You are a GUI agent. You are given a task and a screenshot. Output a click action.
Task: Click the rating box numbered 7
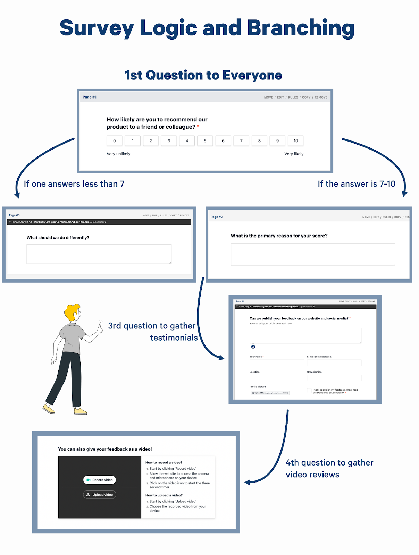click(241, 141)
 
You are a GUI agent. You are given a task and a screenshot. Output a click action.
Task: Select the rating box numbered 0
click(114, 141)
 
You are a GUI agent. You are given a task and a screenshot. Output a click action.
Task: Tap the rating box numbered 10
click(295, 141)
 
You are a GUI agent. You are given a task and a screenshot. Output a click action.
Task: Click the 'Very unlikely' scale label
click(118, 154)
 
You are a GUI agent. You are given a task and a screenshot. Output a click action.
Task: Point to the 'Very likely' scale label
click(294, 154)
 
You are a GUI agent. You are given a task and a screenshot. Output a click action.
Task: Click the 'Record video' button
click(100, 480)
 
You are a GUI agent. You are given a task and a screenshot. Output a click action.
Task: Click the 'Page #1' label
click(90, 97)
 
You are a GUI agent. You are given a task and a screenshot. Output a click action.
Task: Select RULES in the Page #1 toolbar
click(293, 97)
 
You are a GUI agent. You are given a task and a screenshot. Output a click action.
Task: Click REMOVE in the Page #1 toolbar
click(321, 97)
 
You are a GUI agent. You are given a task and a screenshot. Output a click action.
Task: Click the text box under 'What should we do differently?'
click(99, 254)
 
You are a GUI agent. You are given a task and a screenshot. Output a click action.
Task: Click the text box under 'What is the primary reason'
click(313, 254)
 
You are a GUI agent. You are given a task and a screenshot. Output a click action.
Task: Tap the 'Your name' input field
click(277, 363)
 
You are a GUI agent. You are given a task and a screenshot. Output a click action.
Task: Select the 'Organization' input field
click(334, 378)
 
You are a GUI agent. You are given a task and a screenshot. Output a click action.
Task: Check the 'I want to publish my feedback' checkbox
click(309, 391)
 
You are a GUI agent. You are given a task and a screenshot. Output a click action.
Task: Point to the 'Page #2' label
click(217, 217)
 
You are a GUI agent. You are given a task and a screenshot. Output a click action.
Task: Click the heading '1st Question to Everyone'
click(203, 75)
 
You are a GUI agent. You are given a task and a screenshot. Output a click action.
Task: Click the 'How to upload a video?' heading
click(164, 495)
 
